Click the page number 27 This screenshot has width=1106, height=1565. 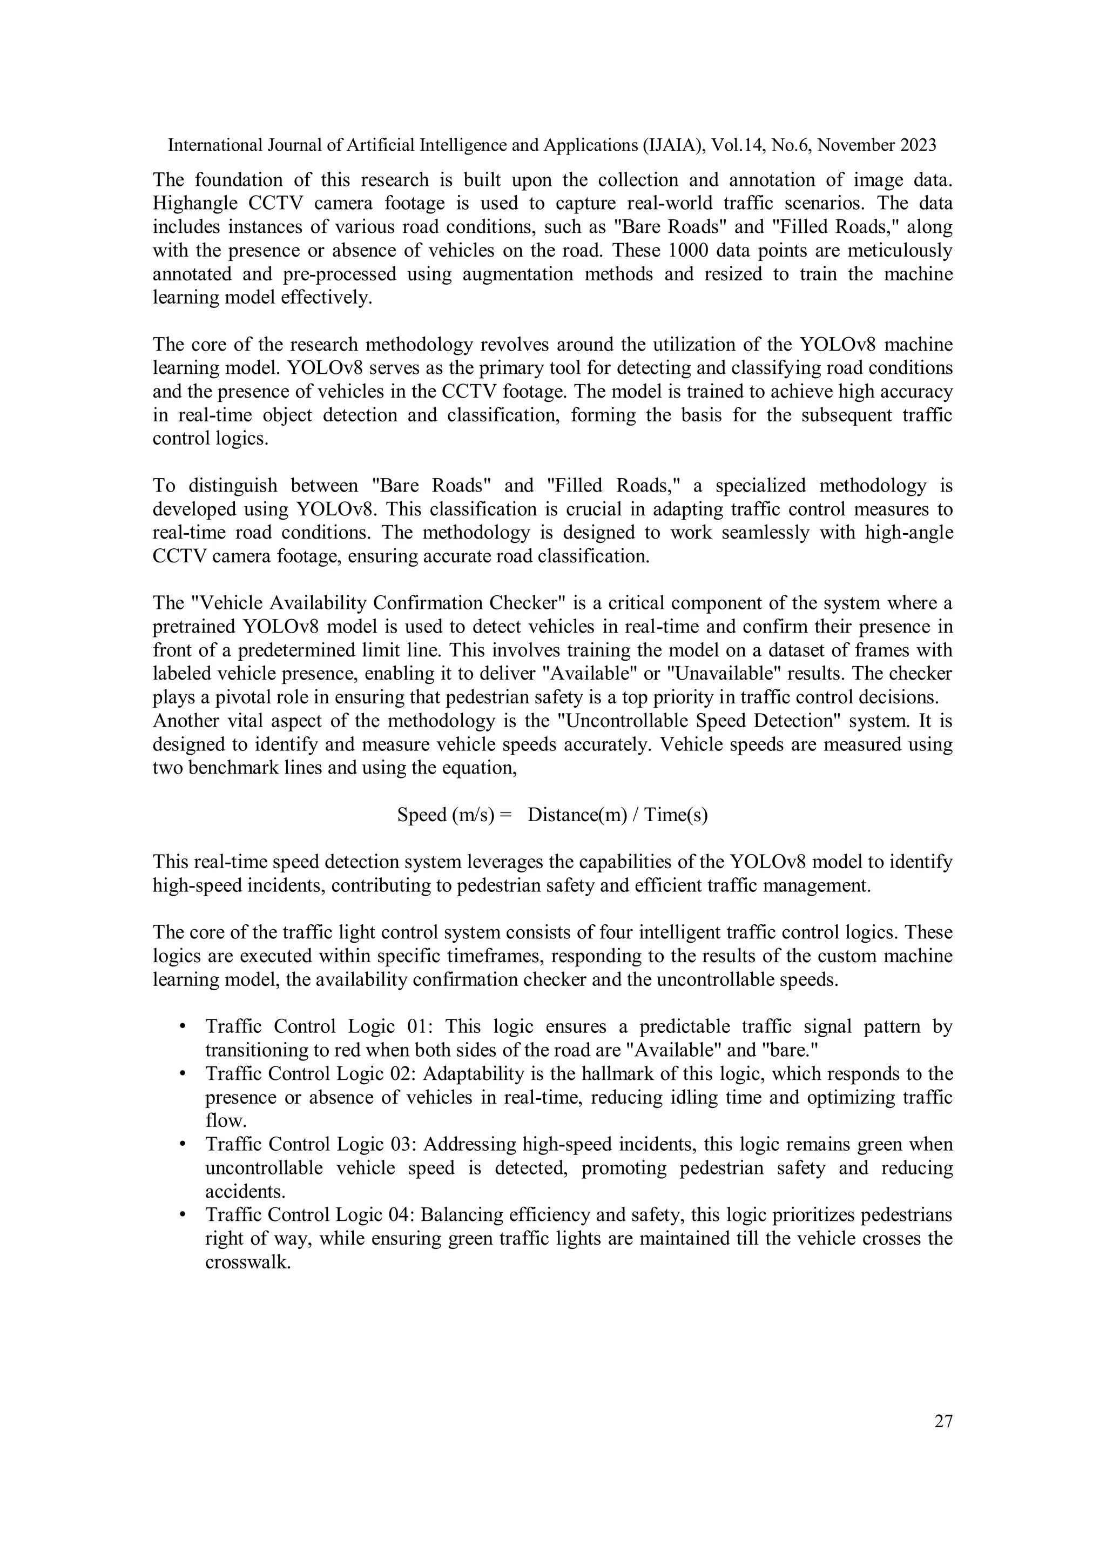point(943,1421)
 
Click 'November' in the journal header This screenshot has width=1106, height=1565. point(855,145)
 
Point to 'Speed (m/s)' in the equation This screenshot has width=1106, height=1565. point(446,815)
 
